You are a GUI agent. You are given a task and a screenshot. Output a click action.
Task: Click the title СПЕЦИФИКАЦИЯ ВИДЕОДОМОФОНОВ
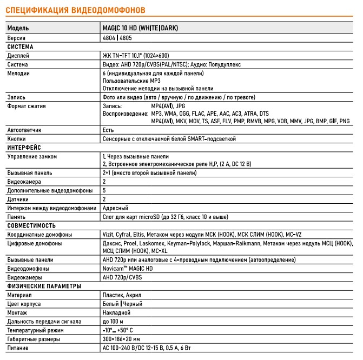coord(75,10)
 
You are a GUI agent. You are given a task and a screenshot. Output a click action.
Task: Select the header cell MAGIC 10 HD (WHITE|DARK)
coord(140,28)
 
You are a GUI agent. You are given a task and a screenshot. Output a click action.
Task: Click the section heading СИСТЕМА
coord(20,47)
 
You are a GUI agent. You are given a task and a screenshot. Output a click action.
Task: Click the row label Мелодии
coord(18,73)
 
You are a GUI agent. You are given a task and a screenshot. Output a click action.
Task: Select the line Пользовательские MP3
coord(131,81)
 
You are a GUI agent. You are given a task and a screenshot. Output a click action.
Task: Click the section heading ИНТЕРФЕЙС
coord(24,148)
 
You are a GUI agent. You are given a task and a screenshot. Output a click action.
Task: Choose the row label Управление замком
coord(32,156)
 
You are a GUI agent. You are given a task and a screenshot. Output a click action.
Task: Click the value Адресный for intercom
coord(115,208)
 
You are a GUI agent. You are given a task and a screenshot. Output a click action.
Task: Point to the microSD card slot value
coord(165,217)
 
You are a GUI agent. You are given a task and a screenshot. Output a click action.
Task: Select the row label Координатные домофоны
coord(39,234)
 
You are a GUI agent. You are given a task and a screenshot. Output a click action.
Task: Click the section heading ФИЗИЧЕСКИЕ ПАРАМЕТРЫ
coord(44,286)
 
